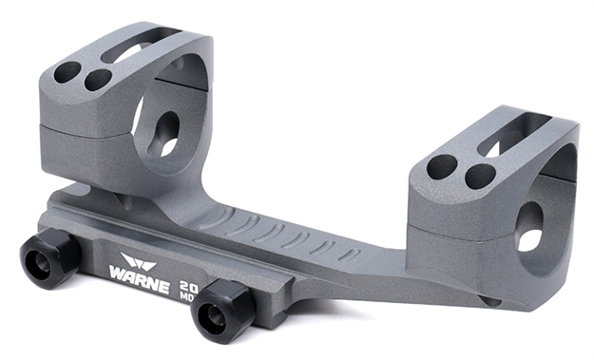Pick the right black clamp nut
(x=224, y=309)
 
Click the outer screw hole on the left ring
(x=67, y=72)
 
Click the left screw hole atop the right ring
(x=442, y=167)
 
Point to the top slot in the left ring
(x=143, y=47)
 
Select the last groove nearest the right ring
(x=350, y=255)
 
